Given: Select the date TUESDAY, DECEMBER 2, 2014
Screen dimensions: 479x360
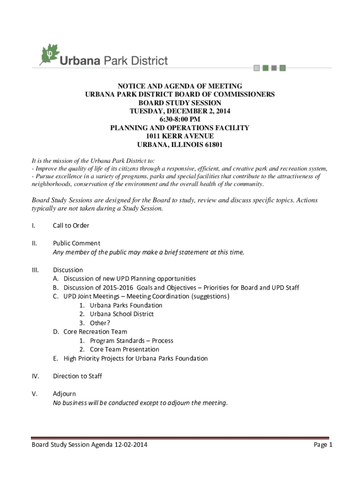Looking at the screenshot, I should [x=180, y=111].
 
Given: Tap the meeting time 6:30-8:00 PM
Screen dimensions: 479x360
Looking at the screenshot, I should [x=180, y=119].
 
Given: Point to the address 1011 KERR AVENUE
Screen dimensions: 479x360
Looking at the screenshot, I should [x=180, y=136].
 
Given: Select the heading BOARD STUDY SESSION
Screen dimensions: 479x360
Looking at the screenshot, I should [x=180, y=103].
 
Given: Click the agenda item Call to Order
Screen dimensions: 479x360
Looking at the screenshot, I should [x=71, y=225].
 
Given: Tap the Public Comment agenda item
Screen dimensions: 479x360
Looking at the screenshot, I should [x=77, y=243].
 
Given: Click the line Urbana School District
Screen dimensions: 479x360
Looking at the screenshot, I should [x=122, y=314].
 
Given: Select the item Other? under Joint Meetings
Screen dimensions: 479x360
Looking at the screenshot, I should [x=100, y=323].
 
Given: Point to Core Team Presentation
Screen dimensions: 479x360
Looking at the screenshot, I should [x=124, y=349].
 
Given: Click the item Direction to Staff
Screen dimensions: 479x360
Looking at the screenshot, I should [x=78, y=376].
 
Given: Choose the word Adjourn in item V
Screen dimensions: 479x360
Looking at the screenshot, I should [x=65, y=394].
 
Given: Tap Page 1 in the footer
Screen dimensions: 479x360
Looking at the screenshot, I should [x=323, y=445].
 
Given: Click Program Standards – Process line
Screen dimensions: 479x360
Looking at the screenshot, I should [x=131, y=341].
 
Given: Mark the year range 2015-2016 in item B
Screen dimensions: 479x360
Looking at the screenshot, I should [x=118, y=288].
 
